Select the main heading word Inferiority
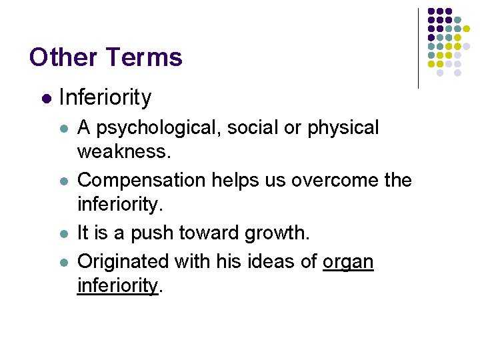coord(105,97)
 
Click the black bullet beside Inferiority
coord(46,99)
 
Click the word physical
coord(343,128)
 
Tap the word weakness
coord(124,152)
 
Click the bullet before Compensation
coord(63,181)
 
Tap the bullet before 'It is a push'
coord(63,233)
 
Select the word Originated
coord(123,261)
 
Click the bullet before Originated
coord(63,262)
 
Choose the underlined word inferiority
coord(118,286)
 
